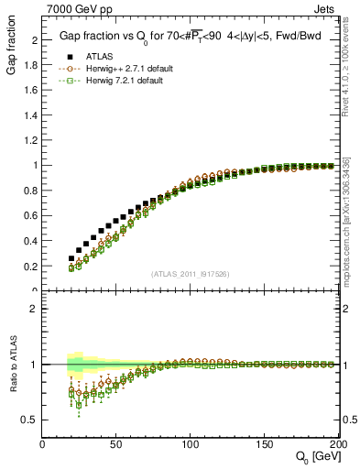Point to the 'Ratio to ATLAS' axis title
(x=11, y=364)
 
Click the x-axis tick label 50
(x=116, y=445)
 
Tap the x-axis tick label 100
(x=190, y=445)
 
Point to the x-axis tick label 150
(x=264, y=445)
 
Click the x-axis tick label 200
(x=336, y=445)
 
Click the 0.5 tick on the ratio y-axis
(x=31, y=420)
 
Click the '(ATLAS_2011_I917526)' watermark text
(x=190, y=274)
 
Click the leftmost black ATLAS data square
(x=71, y=258)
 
